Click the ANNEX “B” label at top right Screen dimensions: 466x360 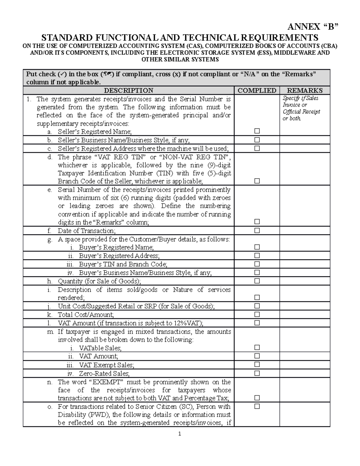[x=312, y=27]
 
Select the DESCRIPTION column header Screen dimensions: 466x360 [x=128, y=90]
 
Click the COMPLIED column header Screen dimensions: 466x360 [x=257, y=90]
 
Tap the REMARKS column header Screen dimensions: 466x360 [x=304, y=90]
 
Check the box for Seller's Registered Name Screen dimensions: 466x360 [x=257, y=131]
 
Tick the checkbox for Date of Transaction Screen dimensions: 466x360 [x=257, y=230]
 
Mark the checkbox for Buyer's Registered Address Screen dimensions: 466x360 [x=257, y=256]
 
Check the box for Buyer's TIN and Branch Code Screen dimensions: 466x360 [x=257, y=264]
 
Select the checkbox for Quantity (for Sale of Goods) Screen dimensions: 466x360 [x=257, y=281]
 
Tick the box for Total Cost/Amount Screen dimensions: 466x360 [x=257, y=314]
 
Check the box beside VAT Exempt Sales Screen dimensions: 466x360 [x=257, y=365]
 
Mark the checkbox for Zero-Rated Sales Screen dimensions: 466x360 [x=257, y=373]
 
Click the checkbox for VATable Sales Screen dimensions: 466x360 [x=257, y=347]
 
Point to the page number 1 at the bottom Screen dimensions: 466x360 [x=179, y=434]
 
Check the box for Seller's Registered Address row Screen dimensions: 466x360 [x=257, y=148]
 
